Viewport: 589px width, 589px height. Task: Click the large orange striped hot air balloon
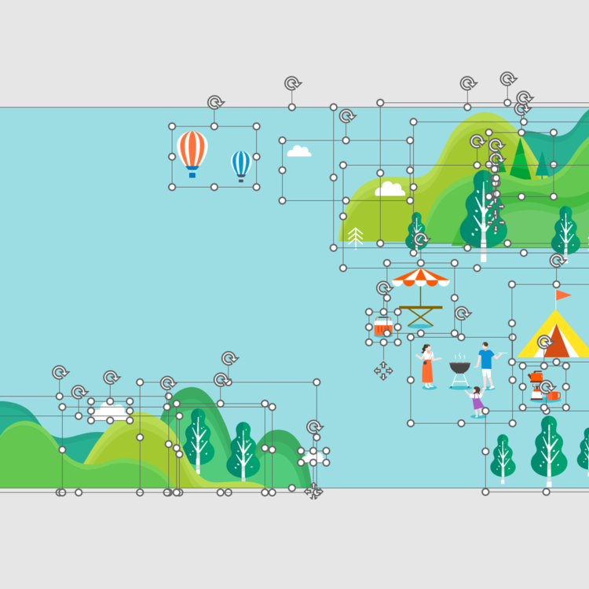[x=192, y=150]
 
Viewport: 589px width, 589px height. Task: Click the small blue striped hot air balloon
[x=240, y=163]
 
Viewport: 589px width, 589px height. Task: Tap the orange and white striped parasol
[x=421, y=276]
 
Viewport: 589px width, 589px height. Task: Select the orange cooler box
[x=383, y=327]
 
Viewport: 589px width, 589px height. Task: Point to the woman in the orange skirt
[x=427, y=366]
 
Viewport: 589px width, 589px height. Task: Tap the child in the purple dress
[x=477, y=401]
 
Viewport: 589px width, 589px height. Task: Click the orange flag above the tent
[x=563, y=295]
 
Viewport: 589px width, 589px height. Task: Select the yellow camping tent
[x=554, y=335]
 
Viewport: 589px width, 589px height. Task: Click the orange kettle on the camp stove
[x=536, y=377]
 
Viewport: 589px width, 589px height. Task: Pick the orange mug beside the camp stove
[x=554, y=395]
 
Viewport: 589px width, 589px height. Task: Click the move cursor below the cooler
[x=383, y=370]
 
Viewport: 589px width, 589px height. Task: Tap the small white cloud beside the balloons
[x=298, y=151]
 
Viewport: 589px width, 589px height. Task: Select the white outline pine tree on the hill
[x=356, y=236]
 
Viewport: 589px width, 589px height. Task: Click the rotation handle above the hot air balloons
[x=215, y=102]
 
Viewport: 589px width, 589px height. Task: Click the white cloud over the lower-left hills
[x=110, y=410]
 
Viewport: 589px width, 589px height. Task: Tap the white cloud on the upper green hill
[x=390, y=189]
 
